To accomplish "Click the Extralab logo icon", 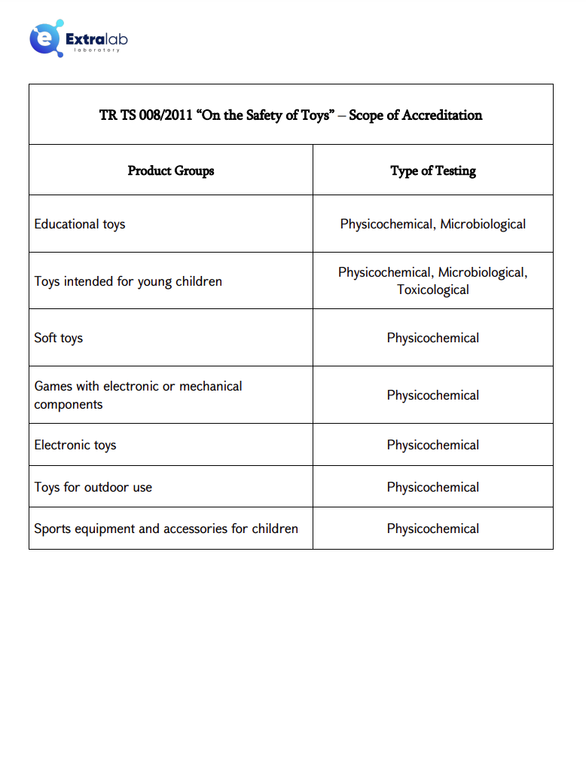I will click(45, 39).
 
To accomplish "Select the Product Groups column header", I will click(171, 170).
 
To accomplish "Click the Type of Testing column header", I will click(433, 170).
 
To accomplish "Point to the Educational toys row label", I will click(80, 224).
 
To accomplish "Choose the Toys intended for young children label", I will click(128, 281).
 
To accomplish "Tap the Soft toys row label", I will click(59, 338).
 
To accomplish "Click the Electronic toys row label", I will click(75, 445).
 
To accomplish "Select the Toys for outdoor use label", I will click(93, 487).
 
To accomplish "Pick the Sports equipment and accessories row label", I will click(166, 529).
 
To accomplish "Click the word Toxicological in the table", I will click(433, 290).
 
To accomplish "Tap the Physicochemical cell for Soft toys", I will click(433, 338).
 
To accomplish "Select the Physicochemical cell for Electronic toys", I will click(433, 445).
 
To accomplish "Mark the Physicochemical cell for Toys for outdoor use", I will click(433, 487).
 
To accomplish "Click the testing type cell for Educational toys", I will click(433, 224).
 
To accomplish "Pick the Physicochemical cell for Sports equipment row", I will click(433, 529).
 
